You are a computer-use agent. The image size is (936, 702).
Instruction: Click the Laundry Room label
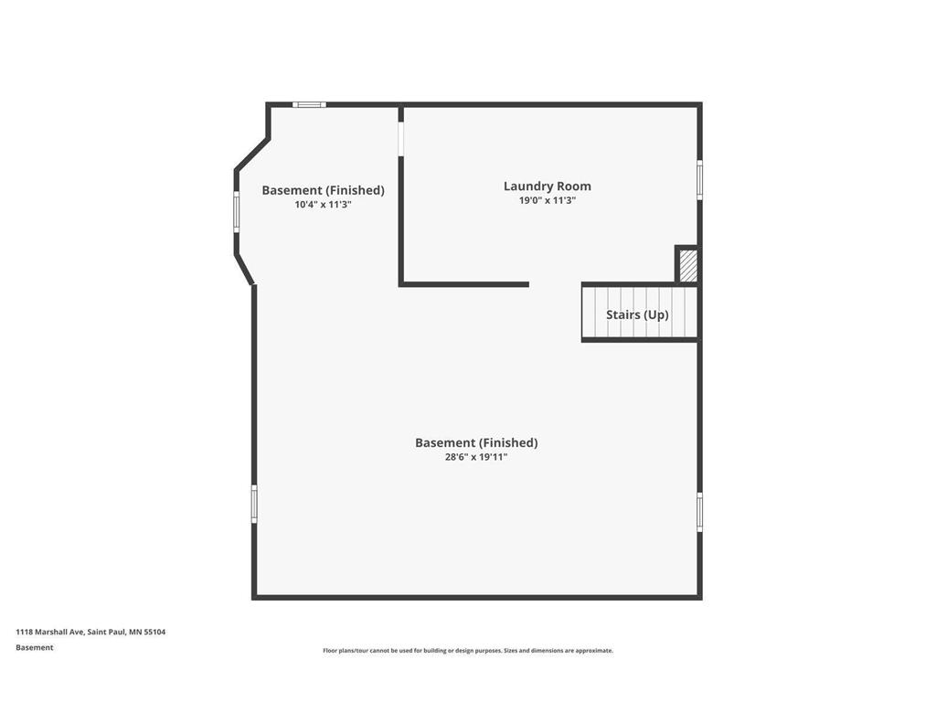coord(547,186)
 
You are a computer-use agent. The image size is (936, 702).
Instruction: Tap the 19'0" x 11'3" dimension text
coord(547,200)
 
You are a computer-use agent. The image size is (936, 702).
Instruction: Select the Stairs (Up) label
coord(637,314)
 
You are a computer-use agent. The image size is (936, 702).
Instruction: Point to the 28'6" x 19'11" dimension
coord(475,457)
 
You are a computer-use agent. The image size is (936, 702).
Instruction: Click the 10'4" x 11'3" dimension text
coord(323,205)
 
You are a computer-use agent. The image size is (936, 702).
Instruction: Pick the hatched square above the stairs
coord(688,265)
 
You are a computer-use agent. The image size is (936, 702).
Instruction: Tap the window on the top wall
coord(309,104)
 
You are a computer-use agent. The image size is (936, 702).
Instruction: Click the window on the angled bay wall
coord(236,212)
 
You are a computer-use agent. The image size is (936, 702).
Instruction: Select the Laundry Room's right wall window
coord(700,179)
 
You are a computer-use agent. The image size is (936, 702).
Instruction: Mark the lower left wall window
coord(254,504)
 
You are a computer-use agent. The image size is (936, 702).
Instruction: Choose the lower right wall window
coord(700,512)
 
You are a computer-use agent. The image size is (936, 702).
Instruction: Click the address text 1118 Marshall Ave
coord(50,632)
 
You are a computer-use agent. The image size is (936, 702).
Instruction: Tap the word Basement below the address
coord(34,647)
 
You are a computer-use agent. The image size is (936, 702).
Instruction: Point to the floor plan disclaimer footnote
coord(468,651)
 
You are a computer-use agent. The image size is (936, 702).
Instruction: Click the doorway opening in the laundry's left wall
coord(400,138)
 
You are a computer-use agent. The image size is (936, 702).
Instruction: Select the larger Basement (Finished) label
coord(476,442)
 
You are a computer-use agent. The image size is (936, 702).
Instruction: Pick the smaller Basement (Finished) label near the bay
coord(323,190)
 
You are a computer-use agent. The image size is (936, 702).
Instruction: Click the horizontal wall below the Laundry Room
coord(464,284)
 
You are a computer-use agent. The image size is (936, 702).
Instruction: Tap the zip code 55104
coord(154,632)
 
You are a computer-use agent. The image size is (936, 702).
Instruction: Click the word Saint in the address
coord(97,632)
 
